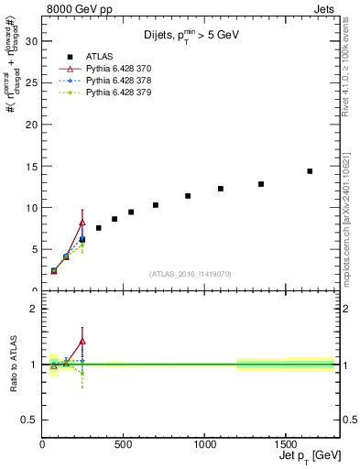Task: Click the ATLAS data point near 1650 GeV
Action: pos(310,171)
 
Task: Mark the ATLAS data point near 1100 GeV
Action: pos(221,189)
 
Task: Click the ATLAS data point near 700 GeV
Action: pos(156,205)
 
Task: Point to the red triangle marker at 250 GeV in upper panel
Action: pos(82,223)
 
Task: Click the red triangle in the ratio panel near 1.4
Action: pos(82,341)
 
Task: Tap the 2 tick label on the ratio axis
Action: pos(33,309)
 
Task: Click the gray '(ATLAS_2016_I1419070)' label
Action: pos(191,273)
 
